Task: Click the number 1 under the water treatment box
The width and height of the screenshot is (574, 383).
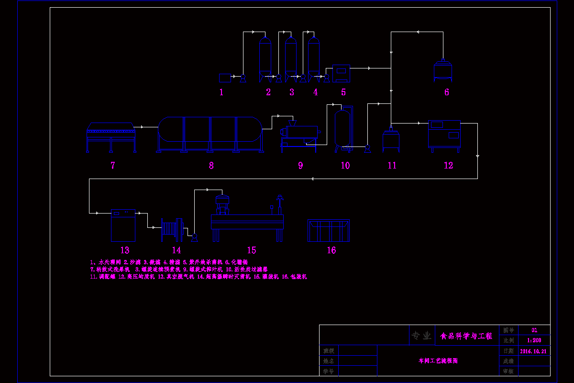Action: coord(221,92)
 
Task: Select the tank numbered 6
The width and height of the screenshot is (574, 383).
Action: coord(443,70)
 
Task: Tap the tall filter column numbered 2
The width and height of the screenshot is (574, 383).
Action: coord(265,57)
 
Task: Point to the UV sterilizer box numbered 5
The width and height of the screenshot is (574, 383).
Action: coord(341,73)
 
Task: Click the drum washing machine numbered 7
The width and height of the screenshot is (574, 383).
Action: coord(111,137)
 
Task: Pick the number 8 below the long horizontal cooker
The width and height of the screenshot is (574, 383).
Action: coord(211,166)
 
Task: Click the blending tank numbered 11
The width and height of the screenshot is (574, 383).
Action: coord(391,142)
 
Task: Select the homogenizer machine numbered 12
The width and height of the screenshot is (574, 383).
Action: coord(444,136)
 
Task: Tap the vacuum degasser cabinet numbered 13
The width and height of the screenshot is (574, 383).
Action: coord(123,225)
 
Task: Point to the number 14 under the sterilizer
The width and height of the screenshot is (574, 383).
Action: coord(177,250)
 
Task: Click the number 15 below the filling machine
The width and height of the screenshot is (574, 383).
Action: coord(252,250)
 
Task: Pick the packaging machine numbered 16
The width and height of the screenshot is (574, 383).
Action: coord(329,230)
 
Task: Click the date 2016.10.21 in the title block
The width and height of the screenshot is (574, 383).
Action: coord(533,351)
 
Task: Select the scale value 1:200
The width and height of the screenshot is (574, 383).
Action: coord(534,340)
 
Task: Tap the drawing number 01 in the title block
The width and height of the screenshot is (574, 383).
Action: coord(534,330)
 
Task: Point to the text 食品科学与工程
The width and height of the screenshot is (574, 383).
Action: coord(466,336)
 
